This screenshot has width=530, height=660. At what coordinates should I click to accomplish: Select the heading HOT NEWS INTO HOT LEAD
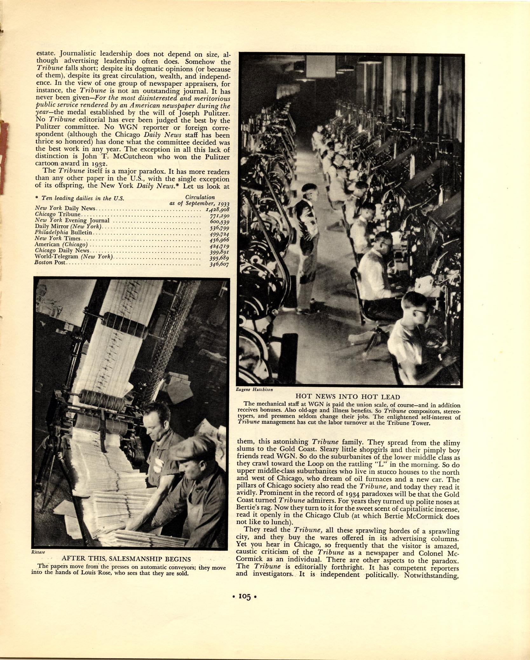pyautogui.click(x=348, y=396)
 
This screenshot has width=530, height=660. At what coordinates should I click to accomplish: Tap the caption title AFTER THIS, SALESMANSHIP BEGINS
pyautogui.click(x=126, y=559)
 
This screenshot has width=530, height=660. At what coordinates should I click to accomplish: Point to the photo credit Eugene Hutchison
pyautogui.click(x=254, y=389)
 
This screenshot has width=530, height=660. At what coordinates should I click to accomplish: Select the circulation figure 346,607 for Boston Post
pyautogui.click(x=219, y=264)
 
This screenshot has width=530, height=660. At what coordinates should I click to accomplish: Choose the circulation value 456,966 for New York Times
pyautogui.click(x=219, y=240)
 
